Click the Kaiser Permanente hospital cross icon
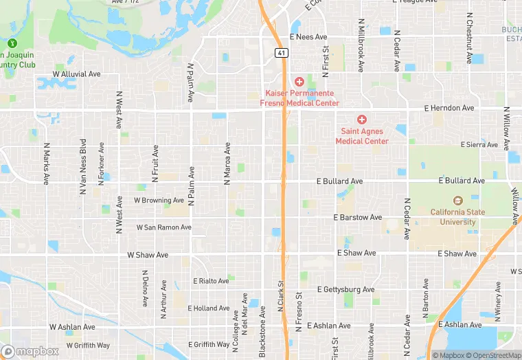299,82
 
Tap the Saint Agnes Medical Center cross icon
361,120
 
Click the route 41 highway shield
280,53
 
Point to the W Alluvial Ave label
77,74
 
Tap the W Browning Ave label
159,201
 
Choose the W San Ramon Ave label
163,227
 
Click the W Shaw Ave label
148,254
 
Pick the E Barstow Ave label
358,217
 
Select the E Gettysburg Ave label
347,290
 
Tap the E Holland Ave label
216,308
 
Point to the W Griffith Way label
88,345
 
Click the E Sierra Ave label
479,145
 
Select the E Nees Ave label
308,37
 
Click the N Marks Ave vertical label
47,164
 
